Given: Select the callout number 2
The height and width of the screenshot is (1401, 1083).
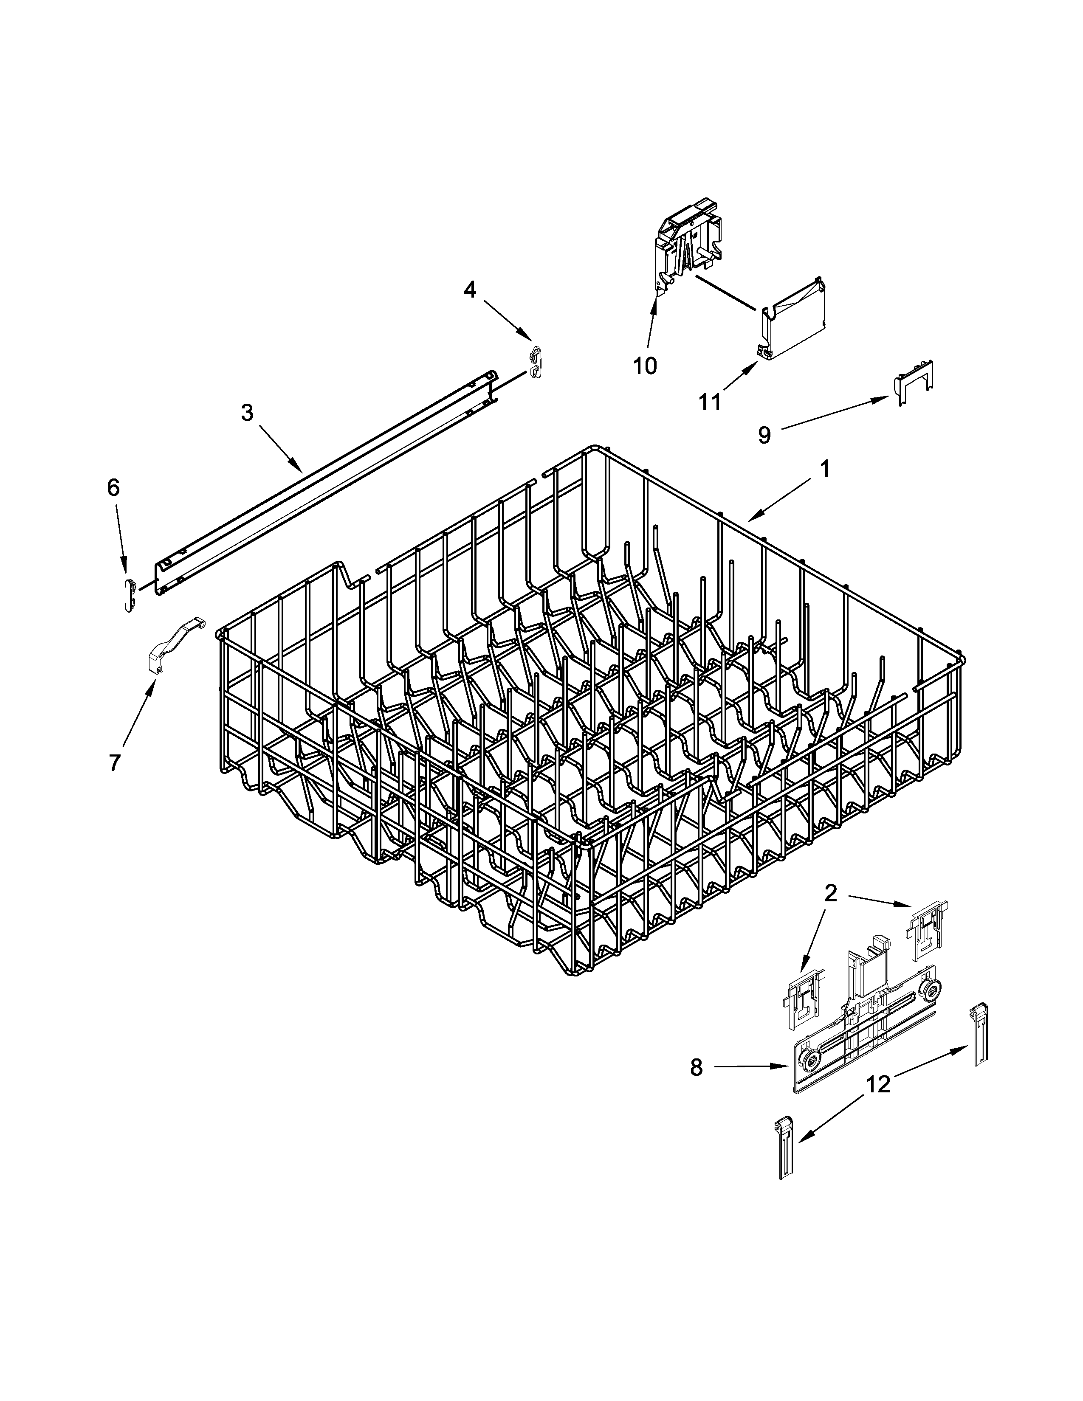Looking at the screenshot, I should (830, 892).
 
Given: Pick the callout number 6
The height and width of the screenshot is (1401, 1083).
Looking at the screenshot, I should (113, 488).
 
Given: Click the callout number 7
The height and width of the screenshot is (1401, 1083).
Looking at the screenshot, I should (114, 763).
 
